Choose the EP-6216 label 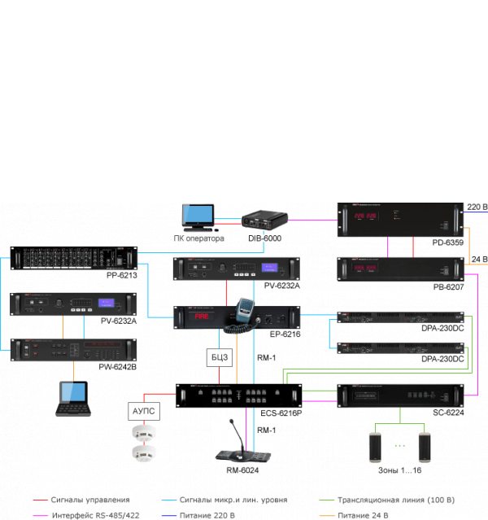pos(285,333)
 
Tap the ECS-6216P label pos(281,413)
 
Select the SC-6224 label pos(448,413)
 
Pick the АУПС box pos(144,412)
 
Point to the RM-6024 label pos(242,470)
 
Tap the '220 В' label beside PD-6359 pos(477,208)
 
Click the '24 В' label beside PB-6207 pos(479,260)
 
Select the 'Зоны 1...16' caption pos(399,471)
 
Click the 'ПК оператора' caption pos(198,238)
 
